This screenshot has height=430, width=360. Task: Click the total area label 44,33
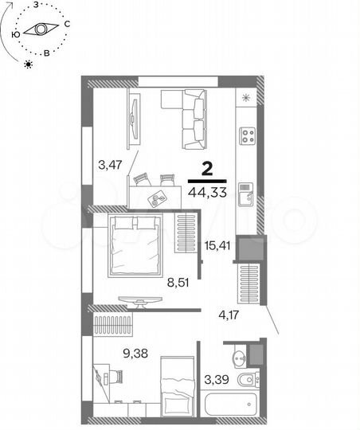pyautogui.click(x=205, y=192)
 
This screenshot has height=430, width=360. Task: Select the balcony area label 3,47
pyautogui.click(x=110, y=166)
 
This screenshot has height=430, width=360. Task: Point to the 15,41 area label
pyautogui.click(x=218, y=245)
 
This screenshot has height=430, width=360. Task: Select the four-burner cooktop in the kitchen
pyautogui.click(x=248, y=135)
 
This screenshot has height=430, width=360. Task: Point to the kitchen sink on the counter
pyautogui.click(x=247, y=192)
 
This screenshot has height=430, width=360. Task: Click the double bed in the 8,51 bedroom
pyautogui.click(x=135, y=244)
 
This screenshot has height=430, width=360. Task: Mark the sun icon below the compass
pyautogui.click(x=28, y=64)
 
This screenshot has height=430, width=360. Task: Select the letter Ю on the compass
pyautogui.click(x=16, y=34)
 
